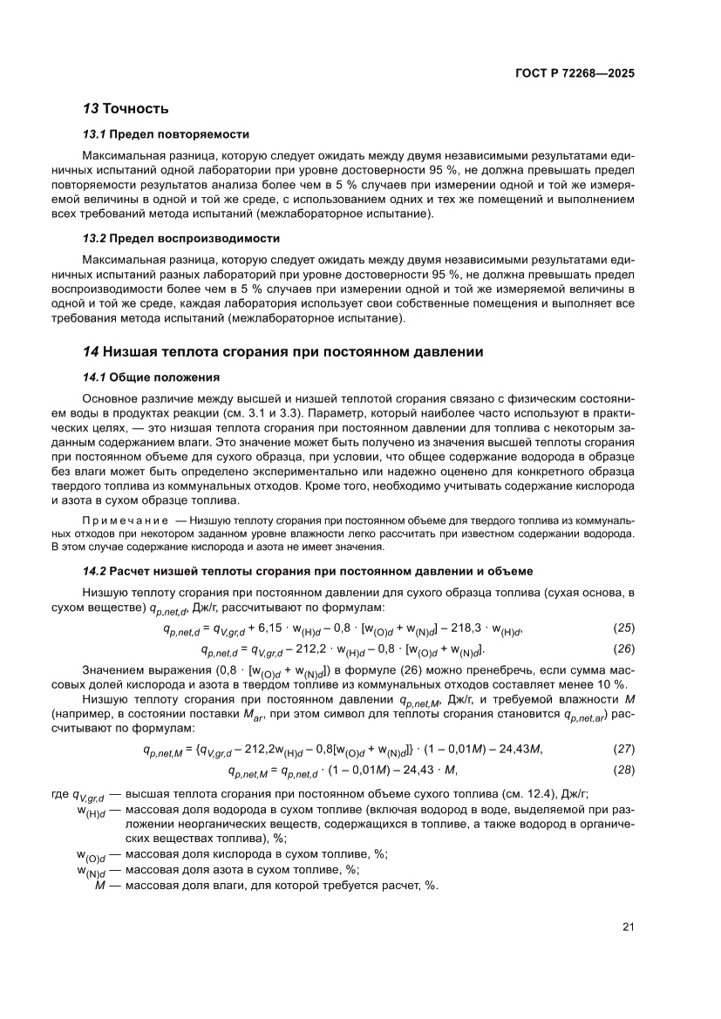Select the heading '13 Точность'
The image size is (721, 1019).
click(125, 109)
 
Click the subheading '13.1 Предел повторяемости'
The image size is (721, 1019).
click(166, 134)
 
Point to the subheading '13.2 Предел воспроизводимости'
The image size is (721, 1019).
click(180, 238)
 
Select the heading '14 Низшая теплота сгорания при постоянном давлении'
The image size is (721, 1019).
click(282, 351)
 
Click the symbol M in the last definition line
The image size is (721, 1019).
click(99, 886)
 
